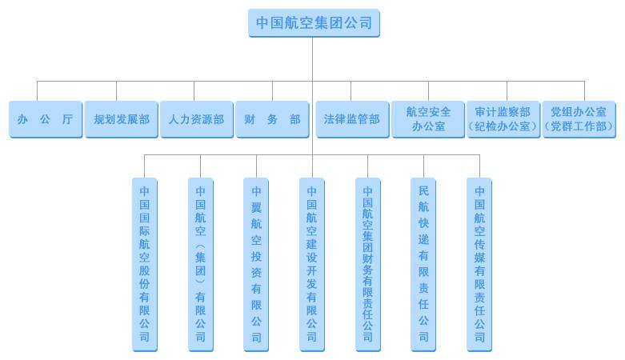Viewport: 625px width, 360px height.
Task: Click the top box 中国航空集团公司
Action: click(314, 23)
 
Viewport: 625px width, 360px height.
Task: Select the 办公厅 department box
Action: click(46, 119)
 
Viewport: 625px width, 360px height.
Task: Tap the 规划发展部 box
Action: click(121, 119)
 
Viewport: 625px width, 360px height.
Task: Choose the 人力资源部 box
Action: click(197, 119)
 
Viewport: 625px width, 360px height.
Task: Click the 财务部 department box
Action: click(272, 119)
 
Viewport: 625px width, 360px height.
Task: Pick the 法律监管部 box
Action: click(352, 119)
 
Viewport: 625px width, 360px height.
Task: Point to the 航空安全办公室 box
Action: click(428, 119)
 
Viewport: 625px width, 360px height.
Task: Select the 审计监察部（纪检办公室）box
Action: click(503, 119)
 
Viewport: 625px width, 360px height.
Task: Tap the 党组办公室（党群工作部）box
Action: click(579, 119)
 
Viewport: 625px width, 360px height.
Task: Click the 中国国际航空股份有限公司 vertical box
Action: click(145, 265)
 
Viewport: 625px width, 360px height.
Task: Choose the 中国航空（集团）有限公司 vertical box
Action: click(201, 265)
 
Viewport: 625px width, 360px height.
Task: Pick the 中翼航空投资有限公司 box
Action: click(256, 265)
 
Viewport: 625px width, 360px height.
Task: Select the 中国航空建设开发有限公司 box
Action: click(312, 265)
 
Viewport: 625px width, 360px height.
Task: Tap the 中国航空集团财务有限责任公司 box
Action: click(367, 265)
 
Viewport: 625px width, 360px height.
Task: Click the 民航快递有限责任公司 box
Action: click(423, 265)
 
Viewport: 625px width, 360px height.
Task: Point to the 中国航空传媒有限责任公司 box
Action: click(479, 265)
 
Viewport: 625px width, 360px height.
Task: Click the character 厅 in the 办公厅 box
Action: click(67, 119)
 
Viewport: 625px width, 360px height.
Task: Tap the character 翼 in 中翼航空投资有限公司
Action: click(256, 207)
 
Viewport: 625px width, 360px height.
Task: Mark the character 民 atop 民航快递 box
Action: click(423, 191)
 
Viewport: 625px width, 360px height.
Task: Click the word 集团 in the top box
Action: click(329, 22)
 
